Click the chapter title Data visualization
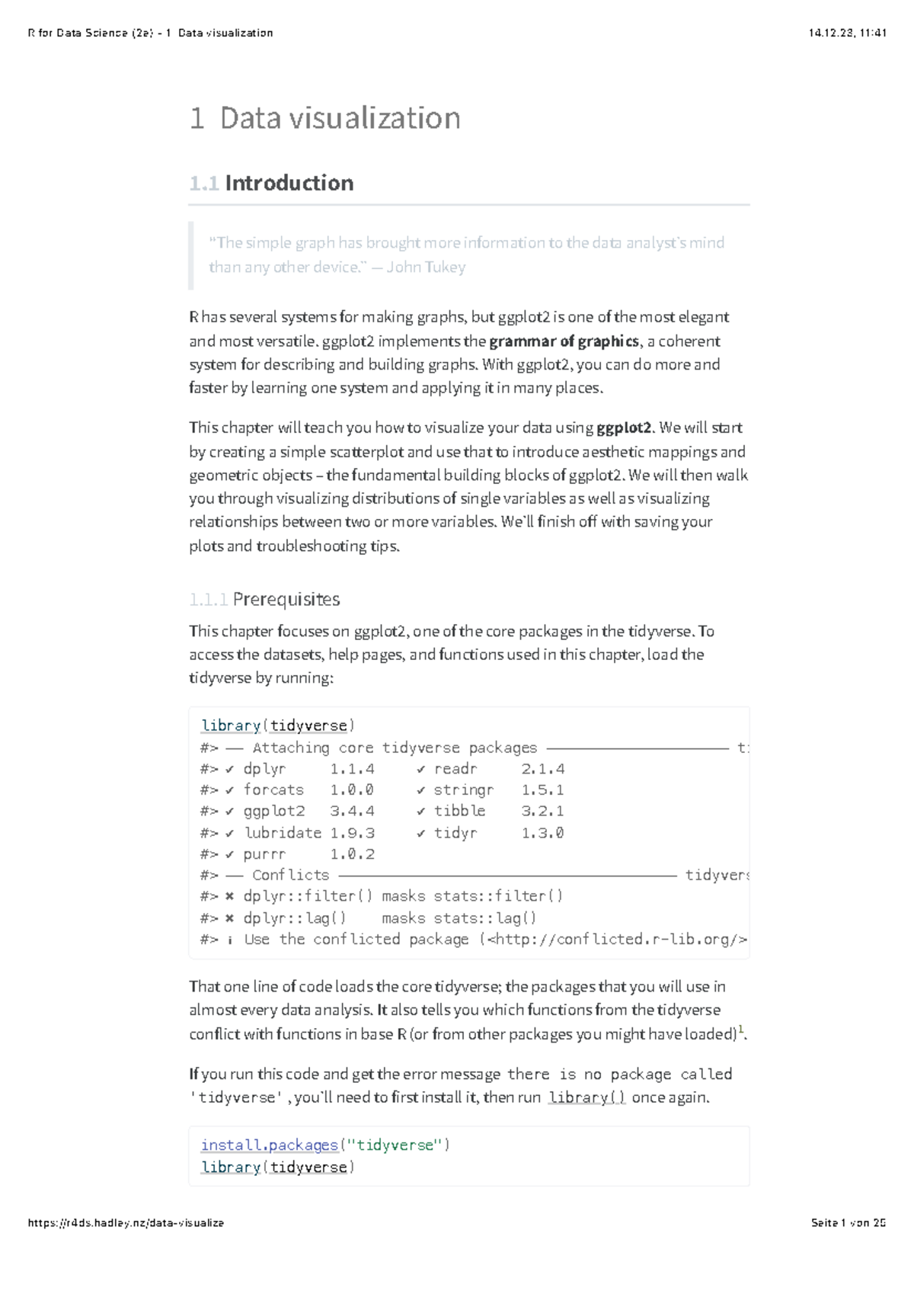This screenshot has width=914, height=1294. coord(340,118)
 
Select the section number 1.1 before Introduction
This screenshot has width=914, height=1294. coord(203,184)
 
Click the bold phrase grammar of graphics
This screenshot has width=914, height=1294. coord(564,341)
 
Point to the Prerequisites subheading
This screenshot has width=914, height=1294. coord(286,600)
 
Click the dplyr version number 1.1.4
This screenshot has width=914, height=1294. coord(352,769)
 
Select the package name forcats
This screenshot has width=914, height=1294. coord(273,790)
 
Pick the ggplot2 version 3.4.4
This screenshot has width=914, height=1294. coord(352,812)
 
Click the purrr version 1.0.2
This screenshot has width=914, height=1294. coord(352,854)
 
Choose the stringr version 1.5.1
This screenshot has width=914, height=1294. coord(542,790)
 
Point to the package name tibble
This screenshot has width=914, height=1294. coord(459,812)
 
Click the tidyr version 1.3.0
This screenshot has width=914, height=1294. coord(542,833)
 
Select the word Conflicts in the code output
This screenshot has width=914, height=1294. coord(290,876)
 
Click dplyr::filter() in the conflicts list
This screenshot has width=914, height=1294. coord(308,896)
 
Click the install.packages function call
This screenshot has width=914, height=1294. coord(269,1145)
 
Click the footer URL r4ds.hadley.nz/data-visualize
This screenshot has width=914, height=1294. coord(126,1223)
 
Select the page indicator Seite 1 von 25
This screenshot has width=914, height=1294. coord(848,1223)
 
